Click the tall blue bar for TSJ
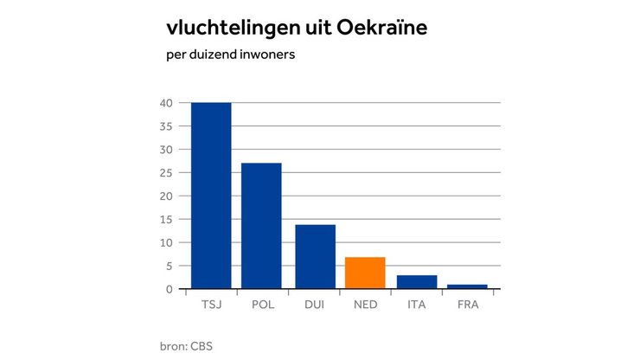click(x=211, y=196)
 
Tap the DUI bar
click(x=315, y=256)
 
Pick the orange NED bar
click(x=365, y=273)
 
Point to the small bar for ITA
click(x=417, y=282)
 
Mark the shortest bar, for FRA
click(x=468, y=286)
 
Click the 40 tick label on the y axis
click(x=167, y=103)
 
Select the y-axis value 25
click(x=167, y=173)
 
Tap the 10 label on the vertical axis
click(x=167, y=242)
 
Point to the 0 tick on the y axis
click(x=170, y=289)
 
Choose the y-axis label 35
click(x=167, y=126)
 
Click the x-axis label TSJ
click(x=211, y=305)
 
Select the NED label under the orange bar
click(x=365, y=305)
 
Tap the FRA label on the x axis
click(x=468, y=305)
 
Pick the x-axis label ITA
click(x=417, y=305)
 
